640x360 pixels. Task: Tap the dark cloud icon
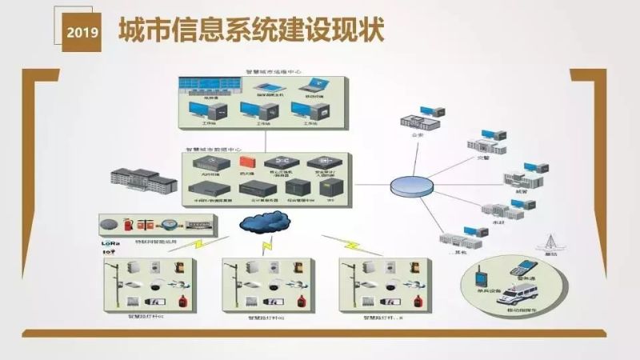click(265, 220)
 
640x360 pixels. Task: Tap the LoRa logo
click(110, 240)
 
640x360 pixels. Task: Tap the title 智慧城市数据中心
click(214, 150)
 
